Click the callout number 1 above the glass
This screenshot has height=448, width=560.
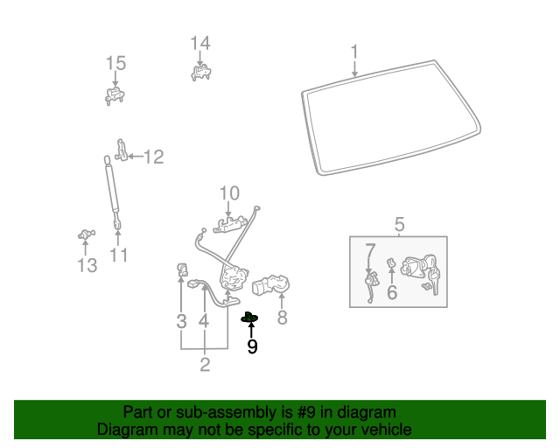click(x=354, y=52)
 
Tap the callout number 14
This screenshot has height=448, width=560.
click(x=200, y=43)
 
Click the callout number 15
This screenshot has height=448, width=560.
click(x=116, y=63)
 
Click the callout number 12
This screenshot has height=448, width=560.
click(x=153, y=157)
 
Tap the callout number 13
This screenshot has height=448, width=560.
click(x=87, y=265)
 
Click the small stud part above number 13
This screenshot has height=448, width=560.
click(x=86, y=234)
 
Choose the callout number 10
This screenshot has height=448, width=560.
click(x=228, y=192)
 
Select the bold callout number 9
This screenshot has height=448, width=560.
click(x=252, y=346)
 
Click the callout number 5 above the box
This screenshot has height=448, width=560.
click(x=399, y=225)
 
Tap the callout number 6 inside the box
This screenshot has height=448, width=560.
click(x=392, y=292)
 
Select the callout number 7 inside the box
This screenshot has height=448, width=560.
click(x=370, y=250)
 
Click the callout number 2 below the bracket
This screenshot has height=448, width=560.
click(x=205, y=365)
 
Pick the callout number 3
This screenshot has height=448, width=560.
click(x=181, y=321)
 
